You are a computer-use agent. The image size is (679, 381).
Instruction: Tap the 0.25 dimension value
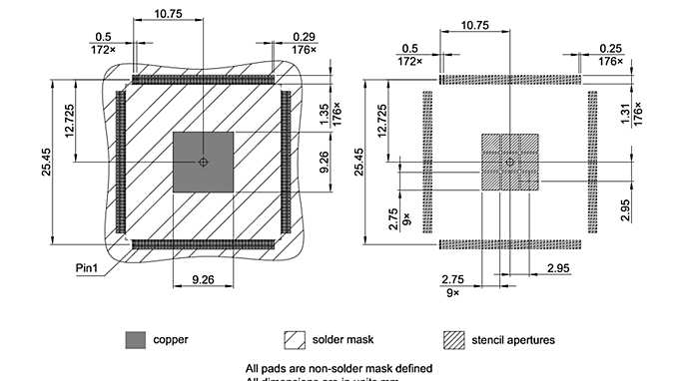pos(611,48)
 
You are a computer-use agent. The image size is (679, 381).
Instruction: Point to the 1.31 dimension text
pos(626,115)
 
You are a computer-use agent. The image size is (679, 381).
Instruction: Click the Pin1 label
pos(86,267)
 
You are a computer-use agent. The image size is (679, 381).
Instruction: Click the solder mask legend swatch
pos(296,340)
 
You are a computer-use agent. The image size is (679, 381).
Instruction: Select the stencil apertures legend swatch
pos(456,340)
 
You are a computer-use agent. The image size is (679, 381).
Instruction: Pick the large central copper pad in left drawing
pos(204,162)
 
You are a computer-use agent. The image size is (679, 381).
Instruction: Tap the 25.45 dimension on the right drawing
pos(361,162)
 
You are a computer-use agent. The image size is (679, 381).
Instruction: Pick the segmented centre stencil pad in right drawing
pos(510,162)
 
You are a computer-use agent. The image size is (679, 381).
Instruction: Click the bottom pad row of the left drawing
pos(203,243)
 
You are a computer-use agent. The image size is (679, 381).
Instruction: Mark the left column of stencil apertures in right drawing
pos(427,162)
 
